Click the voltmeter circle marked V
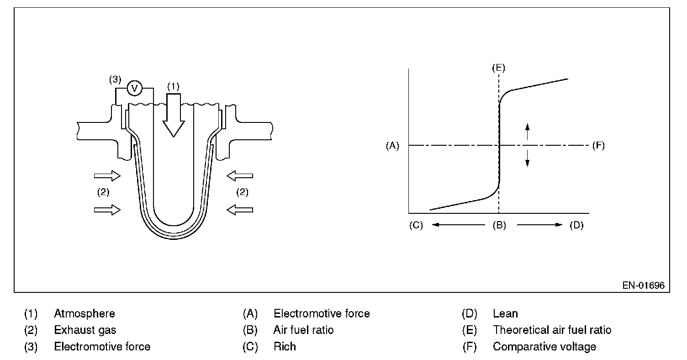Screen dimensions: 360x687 tap(134, 88)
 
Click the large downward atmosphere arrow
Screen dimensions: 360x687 tap(174, 114)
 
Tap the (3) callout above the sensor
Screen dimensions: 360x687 tap(115, 79)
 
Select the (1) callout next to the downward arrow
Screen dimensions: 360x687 tap(174, 85)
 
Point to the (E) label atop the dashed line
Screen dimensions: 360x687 tap(498, 68)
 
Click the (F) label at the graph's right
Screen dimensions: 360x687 tap(598, 146)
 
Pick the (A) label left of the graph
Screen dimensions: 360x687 tap(392, 146)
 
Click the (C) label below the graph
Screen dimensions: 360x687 tap(417, 225)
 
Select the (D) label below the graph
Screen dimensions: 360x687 tap(576, 225)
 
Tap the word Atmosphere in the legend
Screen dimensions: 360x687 tap(85, 314)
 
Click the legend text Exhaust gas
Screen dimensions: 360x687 tap(85, 330)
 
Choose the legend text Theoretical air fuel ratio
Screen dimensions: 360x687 tap(552, 330)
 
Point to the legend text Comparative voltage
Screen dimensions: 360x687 tap(544, 347)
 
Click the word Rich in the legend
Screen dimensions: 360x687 tap(285, 347)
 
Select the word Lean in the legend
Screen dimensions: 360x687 tap(505, 314)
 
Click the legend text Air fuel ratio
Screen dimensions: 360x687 tap(303, 330)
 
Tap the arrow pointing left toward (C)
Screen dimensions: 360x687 tap(457, 225)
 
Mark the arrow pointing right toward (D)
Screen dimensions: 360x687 tap(539, 225)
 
